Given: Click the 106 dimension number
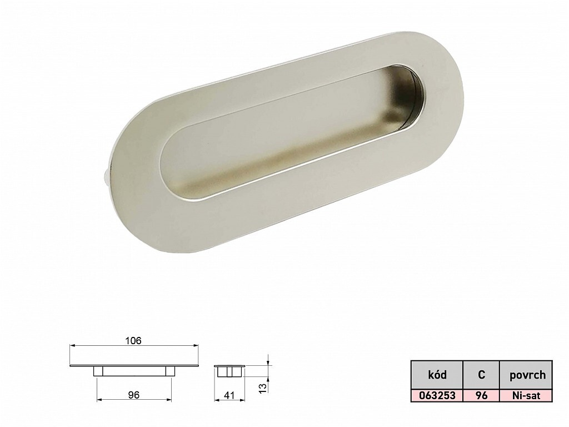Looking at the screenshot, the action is [x=133, y=341].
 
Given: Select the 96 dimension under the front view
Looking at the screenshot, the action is [x=134, y=395].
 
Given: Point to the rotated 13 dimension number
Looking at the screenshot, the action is [x=263, y=387].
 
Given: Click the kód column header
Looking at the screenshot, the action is [x=437, y=374].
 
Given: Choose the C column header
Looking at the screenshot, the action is [x=481, y=374].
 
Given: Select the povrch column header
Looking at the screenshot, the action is [x=526, y=374].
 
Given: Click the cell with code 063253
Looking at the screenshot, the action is [x=437, y=395].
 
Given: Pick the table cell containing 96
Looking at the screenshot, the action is [x=481, y=395].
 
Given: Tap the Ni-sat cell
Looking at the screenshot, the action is [x=526, y=395].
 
